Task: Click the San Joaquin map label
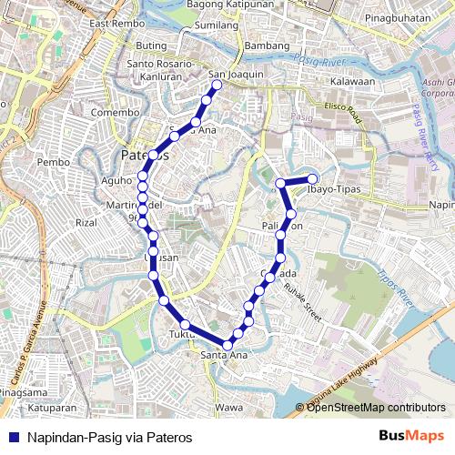coord(236,75)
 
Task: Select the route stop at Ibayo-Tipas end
coord(312,179)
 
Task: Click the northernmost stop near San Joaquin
coord(217,86)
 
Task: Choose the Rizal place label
coord(86,222)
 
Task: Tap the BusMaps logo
coord(412,436)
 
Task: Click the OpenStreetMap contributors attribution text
coord(376,407)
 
